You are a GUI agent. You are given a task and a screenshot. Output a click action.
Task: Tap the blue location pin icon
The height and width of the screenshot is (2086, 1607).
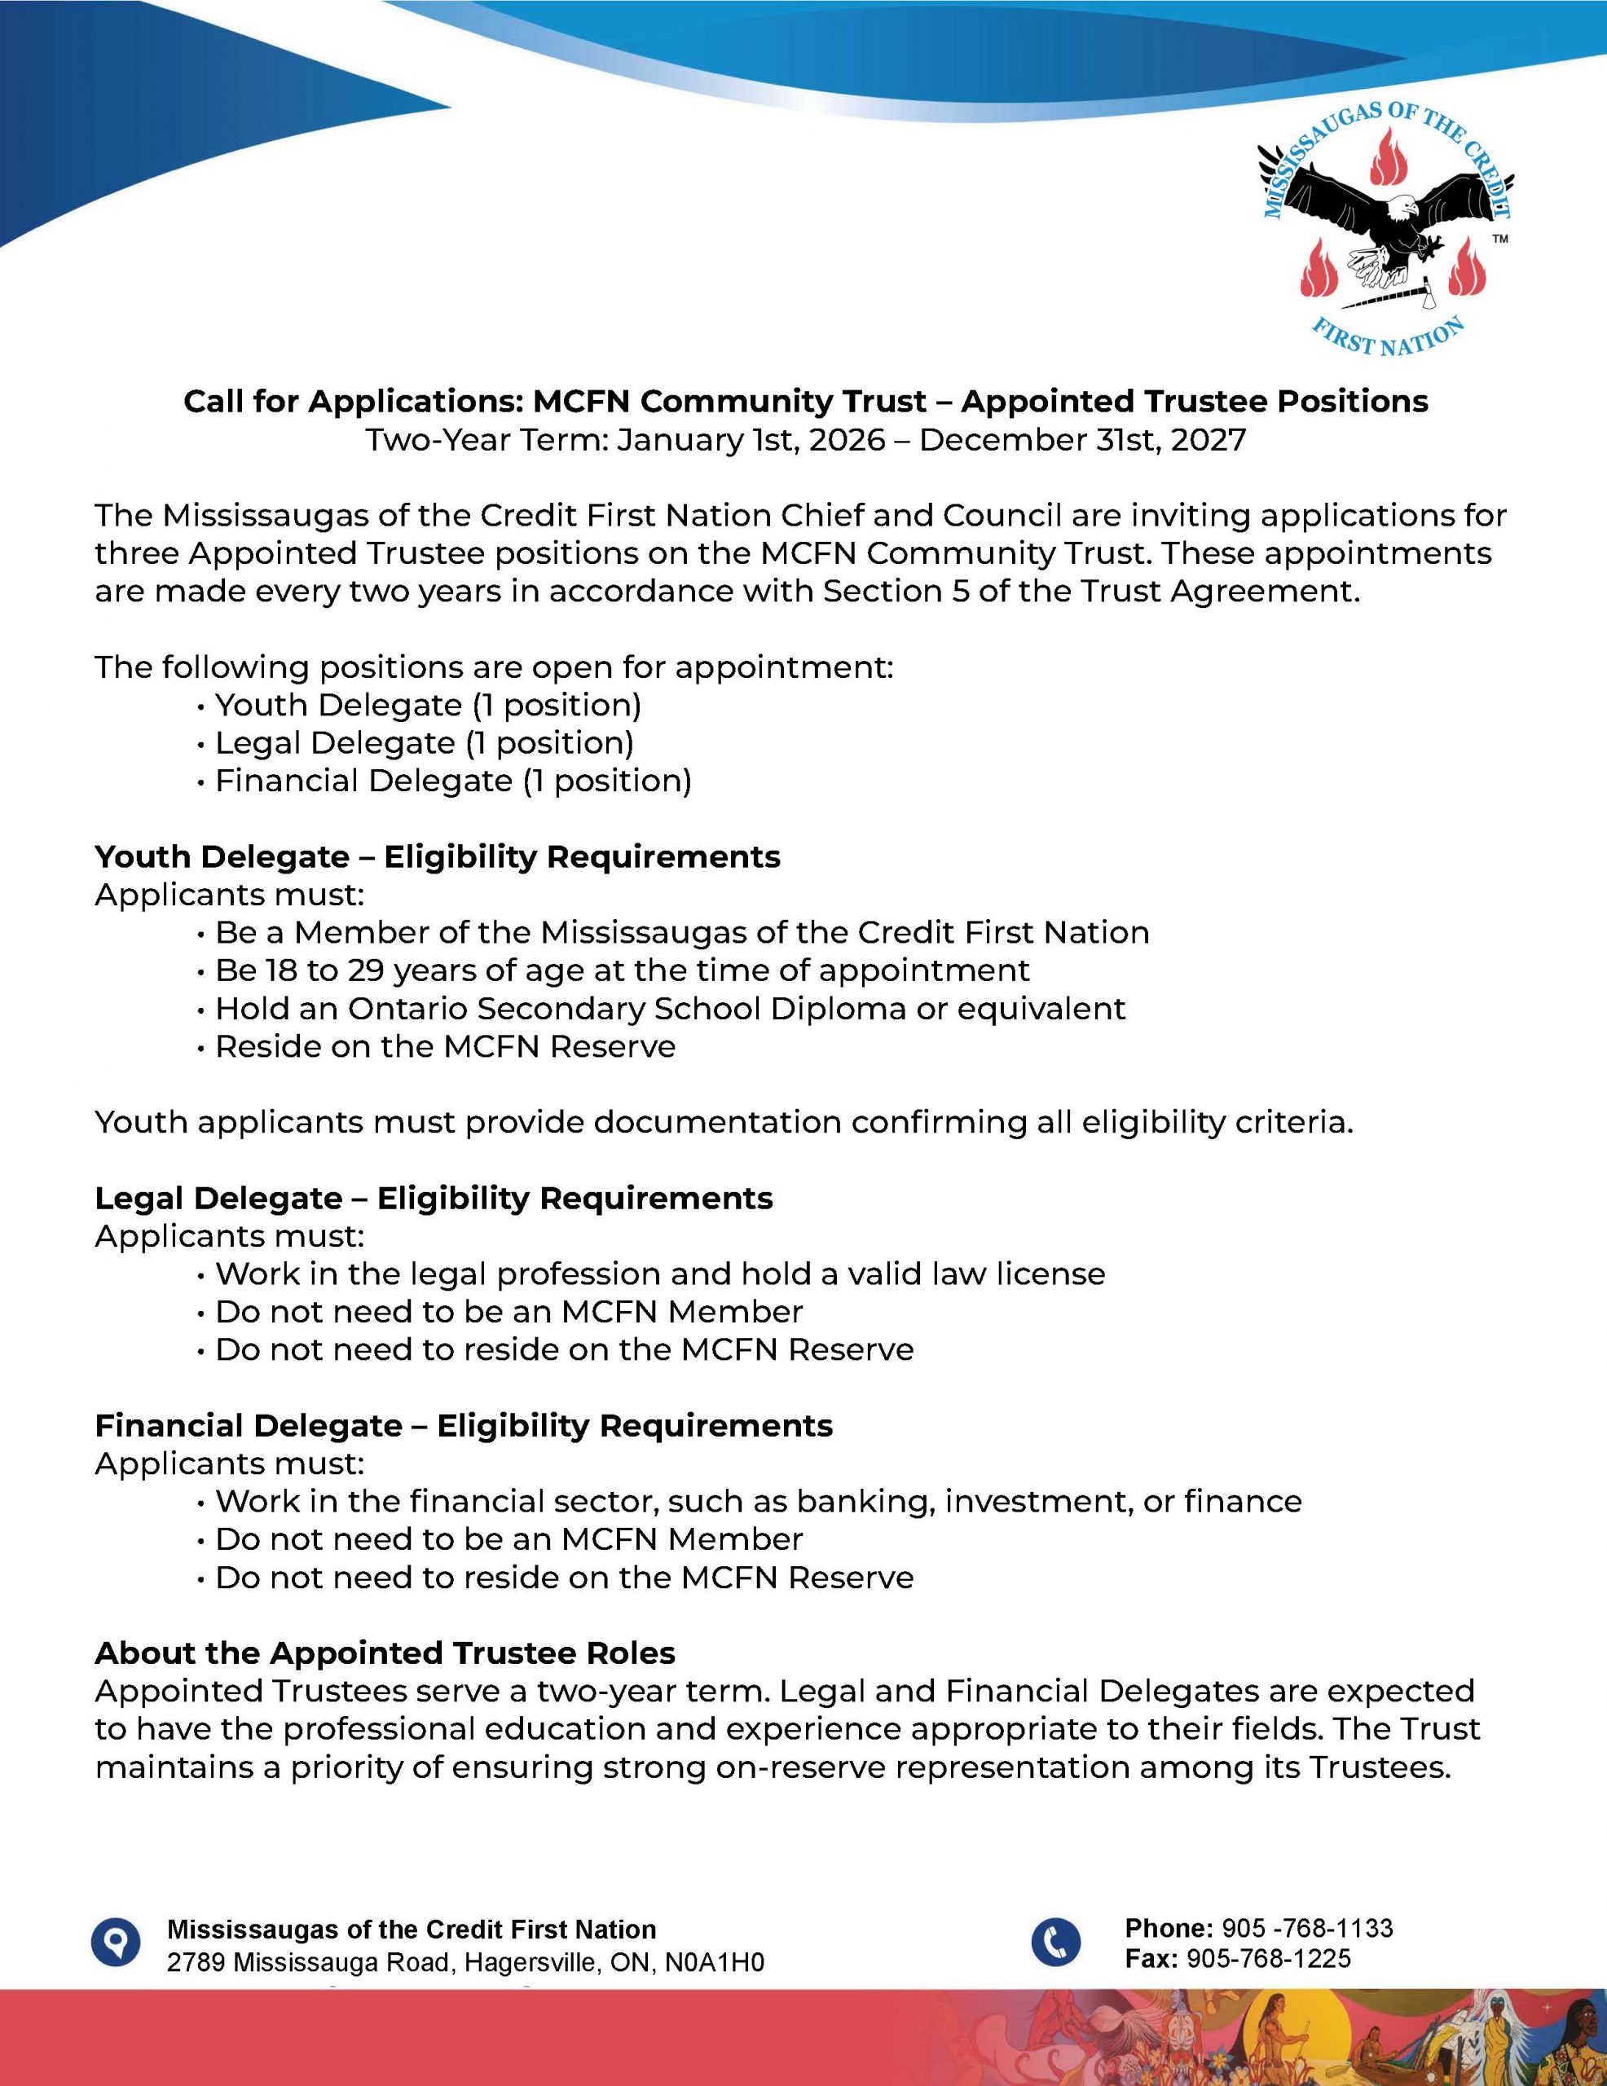116,1942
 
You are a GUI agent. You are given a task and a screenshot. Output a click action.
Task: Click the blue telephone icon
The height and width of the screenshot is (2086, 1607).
1056,1942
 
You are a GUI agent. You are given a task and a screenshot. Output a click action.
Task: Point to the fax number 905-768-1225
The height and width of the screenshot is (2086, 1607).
1269,1959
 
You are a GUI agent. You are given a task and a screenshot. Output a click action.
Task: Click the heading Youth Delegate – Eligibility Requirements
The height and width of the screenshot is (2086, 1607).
437,856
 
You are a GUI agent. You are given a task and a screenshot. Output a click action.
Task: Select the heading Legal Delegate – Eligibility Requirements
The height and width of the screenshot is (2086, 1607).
433,1198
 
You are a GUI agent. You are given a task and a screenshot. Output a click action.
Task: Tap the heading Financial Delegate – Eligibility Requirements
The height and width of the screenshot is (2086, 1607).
464,1425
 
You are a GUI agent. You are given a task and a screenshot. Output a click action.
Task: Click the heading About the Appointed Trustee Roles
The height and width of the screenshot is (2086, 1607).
384,1653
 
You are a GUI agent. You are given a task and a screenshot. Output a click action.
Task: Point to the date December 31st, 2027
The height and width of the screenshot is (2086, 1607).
1082,440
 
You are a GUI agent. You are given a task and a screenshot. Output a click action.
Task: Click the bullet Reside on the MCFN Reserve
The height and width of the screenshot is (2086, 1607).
444,1047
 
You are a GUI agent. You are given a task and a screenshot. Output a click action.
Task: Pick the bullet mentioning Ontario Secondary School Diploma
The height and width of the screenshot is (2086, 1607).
669,1009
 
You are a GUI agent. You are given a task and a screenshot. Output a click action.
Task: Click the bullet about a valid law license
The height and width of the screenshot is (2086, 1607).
659,1274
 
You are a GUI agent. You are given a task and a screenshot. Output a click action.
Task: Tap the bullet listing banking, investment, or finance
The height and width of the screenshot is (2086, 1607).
758,1502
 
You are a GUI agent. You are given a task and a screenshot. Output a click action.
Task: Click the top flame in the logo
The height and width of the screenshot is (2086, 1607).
1384,157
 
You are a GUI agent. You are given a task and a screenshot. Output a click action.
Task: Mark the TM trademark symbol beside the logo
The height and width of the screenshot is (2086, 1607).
1500,240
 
